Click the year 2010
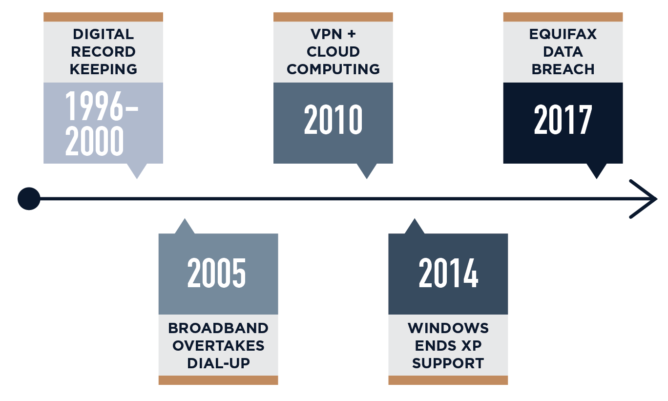pyautogui.click(x=333, y=119)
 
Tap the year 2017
pyautogui.click(x=563, y=119)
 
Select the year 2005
pyautogui.click(x=216, y=273)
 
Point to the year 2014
pyautogui.click(x=449, y=273)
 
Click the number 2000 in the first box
pyautogui.click(x=94, y=141)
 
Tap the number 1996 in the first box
pyautogui.click(x=94, y=106)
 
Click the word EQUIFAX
pyautogui.click(x=563, y=34)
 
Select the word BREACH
pyautogui.click(x=563, y=69)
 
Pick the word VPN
pyautogui.click(x=326, y=34)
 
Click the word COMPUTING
pyautogui.click(x=333, y=69)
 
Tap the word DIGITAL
pyautogui.click(x=103, y=34)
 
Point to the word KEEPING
pyautogui.click(x=103, y=69)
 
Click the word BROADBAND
pyautogui.click(x=218, y=328)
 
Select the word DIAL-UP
pyautogui.click(x=218, y=363)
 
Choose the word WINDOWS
pyautogui.click(x=448, y=328)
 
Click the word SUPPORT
pyautogui.click(x=448, y=363)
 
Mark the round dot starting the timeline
pyautogui.click(x=29, y=199)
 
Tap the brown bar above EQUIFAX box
pyautogui.click(x=563, y=17)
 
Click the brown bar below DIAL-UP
pyautogui.click(x=218, y=380)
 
